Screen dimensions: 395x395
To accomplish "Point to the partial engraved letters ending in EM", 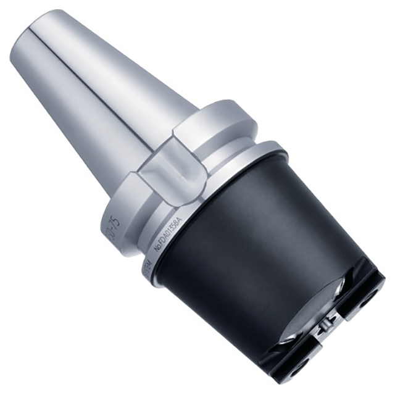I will pos(148,269).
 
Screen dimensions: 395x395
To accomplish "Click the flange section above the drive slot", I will pos(216,117).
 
